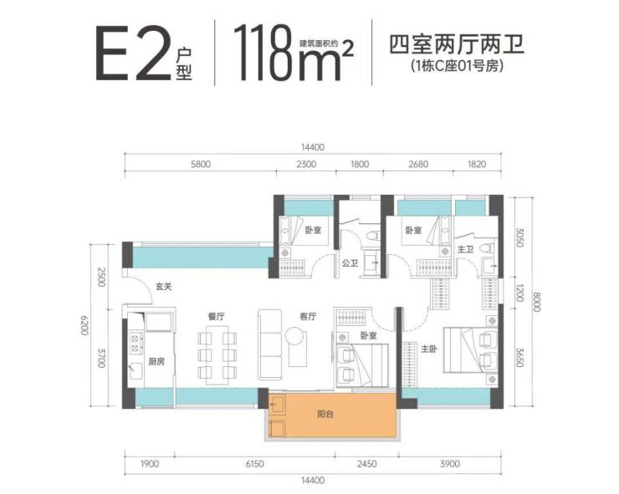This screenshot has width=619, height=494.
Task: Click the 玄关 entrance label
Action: point(163,287)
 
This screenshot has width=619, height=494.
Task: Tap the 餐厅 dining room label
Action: point(216,317)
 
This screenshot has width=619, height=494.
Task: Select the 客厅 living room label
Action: point(308,317)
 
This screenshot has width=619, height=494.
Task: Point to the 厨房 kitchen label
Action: point(156,361)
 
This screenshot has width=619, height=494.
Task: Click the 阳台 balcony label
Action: point(325,415)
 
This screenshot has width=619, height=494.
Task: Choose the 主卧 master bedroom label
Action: point(429,349)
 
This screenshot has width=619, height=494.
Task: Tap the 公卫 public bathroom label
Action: point(350,262)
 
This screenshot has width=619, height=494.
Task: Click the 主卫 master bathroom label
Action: point(465,249)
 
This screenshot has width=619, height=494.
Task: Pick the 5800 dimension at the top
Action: point(201,164)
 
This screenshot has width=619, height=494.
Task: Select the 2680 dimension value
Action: point(418,164)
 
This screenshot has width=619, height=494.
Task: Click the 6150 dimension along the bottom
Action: point(254,464)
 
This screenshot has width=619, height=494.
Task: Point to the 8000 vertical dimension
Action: point(535,302)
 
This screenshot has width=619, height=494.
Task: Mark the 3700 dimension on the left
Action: point(101,358)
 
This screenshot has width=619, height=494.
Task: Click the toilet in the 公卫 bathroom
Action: point(372,237)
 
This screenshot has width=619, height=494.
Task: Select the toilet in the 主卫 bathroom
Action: point(487,247)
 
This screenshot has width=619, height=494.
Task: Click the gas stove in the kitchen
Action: point(136,342)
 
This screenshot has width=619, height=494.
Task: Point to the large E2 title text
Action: point(133,53)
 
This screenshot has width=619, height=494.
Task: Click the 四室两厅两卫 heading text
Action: point(457,44)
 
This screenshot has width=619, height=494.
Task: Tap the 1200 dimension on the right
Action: point(520,293)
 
